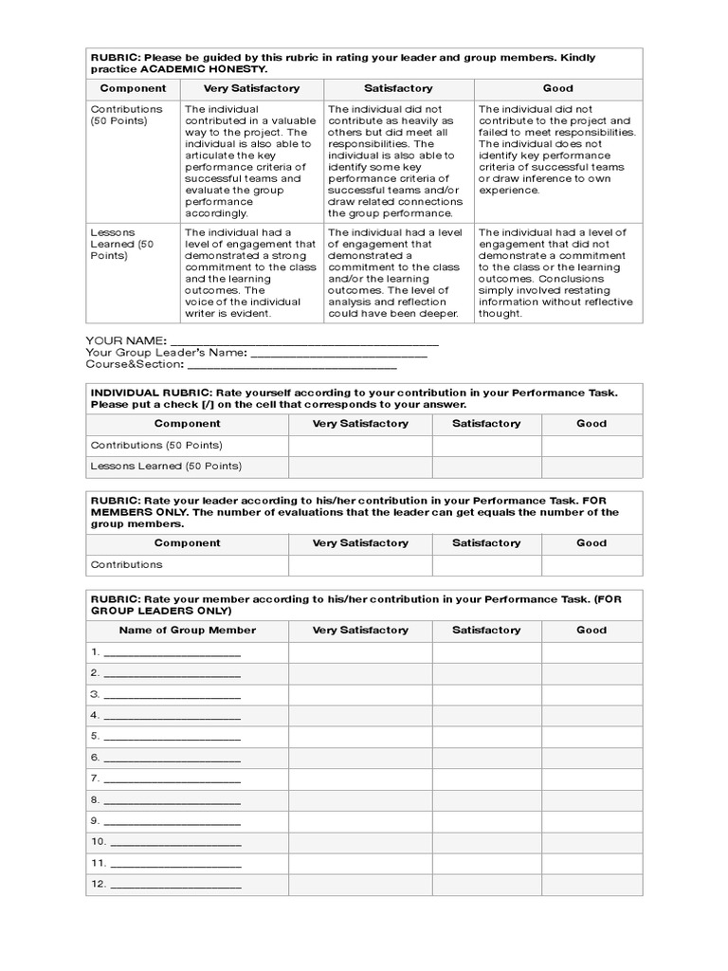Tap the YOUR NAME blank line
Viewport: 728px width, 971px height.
[303, 340]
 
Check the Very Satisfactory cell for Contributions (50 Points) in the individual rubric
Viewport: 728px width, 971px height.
[360, 445]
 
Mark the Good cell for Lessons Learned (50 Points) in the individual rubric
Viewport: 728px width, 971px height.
[591, 467]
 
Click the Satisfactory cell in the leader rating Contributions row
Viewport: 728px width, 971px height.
[486, 565]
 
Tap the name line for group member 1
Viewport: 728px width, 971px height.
[173, 652]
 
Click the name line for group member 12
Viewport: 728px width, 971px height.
[176, 885]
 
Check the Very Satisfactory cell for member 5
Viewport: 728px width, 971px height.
[360, 737]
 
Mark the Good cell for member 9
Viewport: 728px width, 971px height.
[591, 821]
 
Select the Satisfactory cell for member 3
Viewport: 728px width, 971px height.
[486, 694]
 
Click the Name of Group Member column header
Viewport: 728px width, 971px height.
[187, 630]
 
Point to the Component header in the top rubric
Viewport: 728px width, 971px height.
[133, 88]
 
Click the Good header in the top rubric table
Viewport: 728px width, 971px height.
[557, 88]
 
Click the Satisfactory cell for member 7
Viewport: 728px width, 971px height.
[486, 779]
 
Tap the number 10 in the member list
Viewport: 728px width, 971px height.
[98, 842]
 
